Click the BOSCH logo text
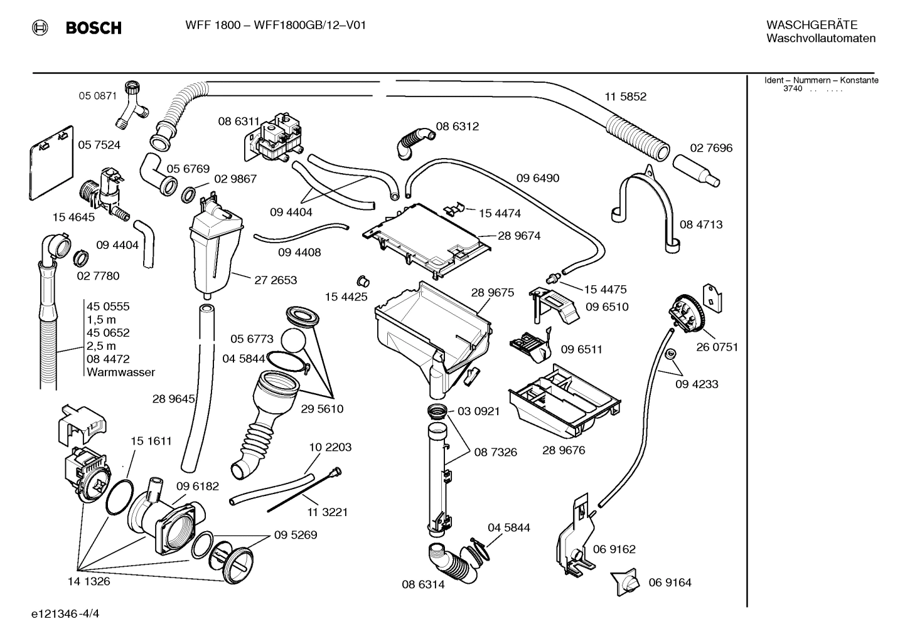click(93, 28)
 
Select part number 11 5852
click(625, 97)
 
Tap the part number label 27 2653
click(276, 280)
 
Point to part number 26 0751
click(717, 347)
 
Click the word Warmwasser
click(120, 372)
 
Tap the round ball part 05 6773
click(292, 341)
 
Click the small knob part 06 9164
click(626, 581)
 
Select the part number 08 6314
click(423, 584)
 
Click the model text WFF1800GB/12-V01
click(309, 25)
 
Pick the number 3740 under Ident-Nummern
click(793, 89)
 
